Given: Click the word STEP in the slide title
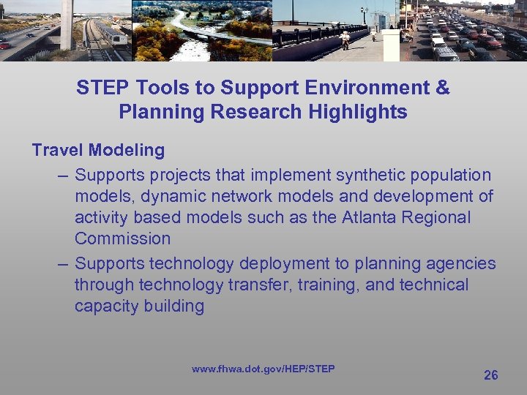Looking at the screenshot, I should tap(100, 88).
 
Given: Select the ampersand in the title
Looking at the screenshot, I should tap(442, 88).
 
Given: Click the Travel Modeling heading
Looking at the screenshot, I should tap(98, 151).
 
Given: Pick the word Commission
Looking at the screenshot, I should tap(122, 239).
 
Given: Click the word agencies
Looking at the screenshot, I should tap(461, 263).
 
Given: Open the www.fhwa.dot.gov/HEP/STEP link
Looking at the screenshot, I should tap(263, 369).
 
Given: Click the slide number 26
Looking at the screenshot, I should tap(491, 375).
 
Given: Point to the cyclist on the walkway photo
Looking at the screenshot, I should tap(345, 39).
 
